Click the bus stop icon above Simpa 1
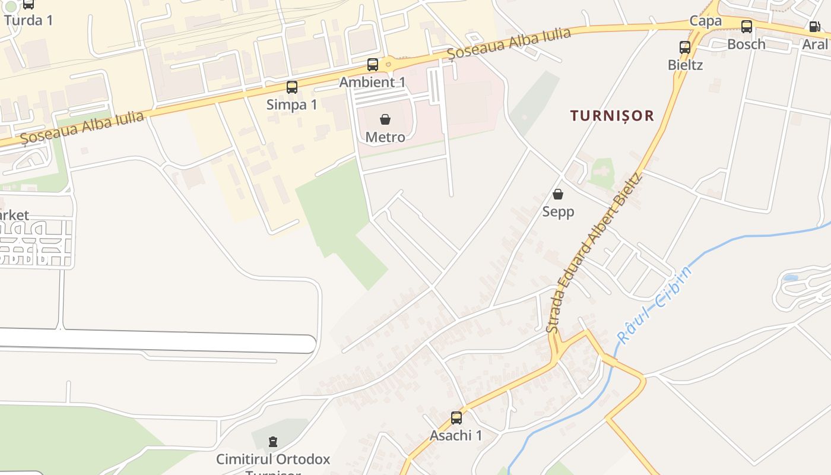tap(291, 87)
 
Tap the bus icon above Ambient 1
tap(373, 65)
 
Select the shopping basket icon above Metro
tap(385, 120)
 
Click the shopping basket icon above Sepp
tap(558, 194)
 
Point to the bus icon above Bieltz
tap(685, 47)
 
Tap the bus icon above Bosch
tap(747, 27)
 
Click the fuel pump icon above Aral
tap(814, 27)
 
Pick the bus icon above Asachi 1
tap(456, 418)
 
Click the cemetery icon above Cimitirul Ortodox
tap(272, 442)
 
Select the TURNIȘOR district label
tap(612, 116)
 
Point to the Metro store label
tap(385, 138)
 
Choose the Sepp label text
tap(558, 212)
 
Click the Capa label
tap(705, 21)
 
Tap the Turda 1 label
tap(28, 20)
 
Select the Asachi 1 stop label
tap(456, 436)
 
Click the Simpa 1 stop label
tap(291, 105)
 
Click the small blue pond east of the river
tap(790, 277)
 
